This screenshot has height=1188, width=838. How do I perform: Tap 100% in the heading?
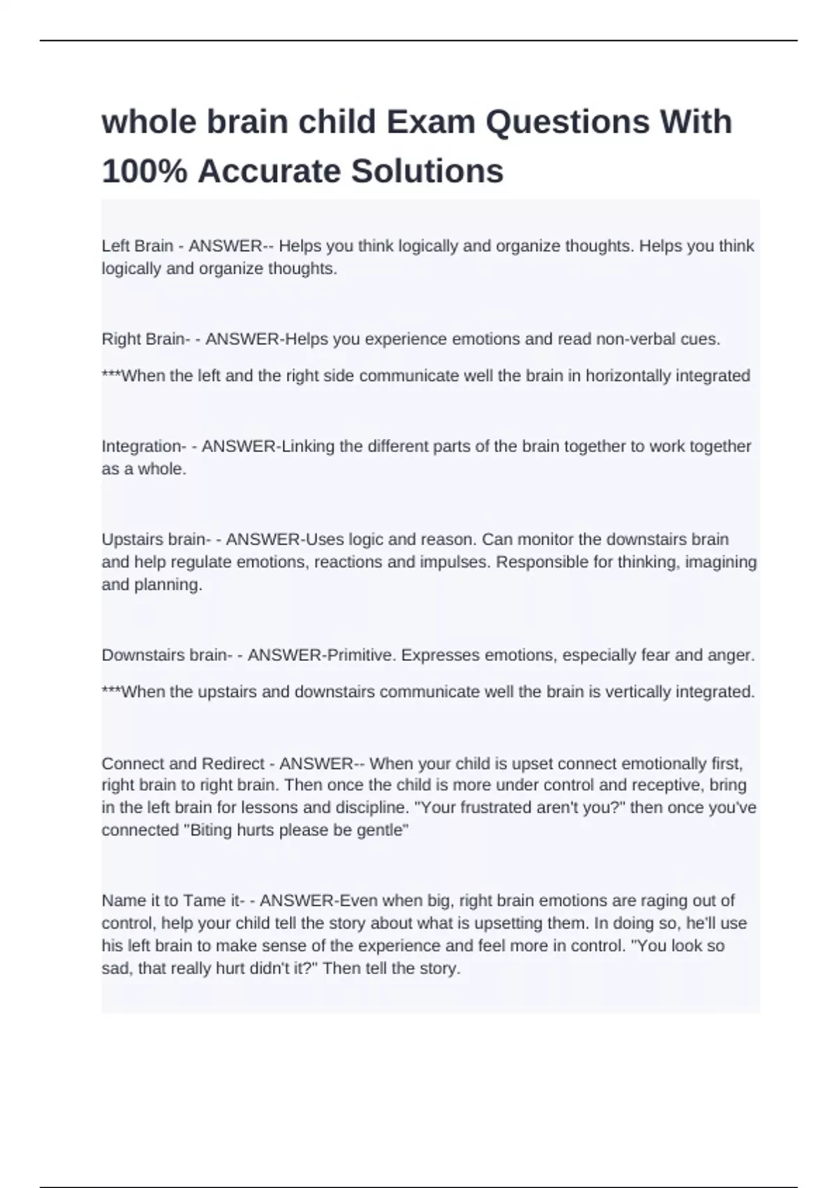click(145, 171)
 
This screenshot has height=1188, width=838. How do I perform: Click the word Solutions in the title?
click(427, 171)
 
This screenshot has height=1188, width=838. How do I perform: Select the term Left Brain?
click(138, 246)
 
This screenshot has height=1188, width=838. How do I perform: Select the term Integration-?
click(144, 447)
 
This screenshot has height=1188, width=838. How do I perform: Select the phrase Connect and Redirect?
click(183, 764)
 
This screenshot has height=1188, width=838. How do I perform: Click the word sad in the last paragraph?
click(116, 969)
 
